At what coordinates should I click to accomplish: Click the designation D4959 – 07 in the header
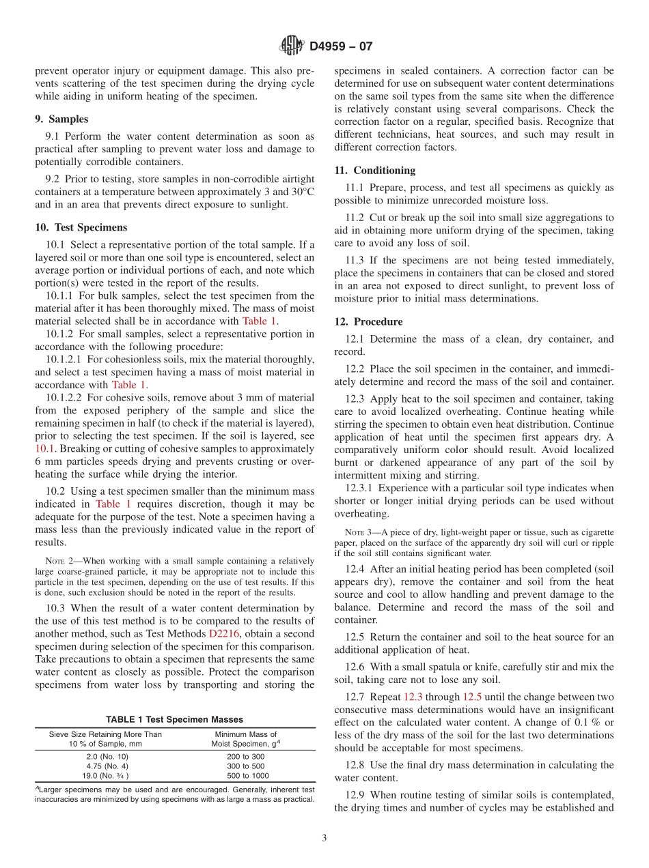[x=341, y=47]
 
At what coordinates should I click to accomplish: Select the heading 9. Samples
[x=61, y=119]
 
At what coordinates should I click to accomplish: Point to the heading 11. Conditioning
[x=374, y=170]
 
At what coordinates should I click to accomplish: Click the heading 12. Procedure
[x=368, y=321]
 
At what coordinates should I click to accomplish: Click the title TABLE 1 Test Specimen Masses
[x=174, y=719]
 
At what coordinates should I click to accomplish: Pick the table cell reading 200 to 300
[x=245, y=757]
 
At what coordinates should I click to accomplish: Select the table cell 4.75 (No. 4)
[x=105, y=766]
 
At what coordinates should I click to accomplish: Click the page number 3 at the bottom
[x=324, y=839]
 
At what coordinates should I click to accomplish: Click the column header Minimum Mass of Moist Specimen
[x=245, y=739]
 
